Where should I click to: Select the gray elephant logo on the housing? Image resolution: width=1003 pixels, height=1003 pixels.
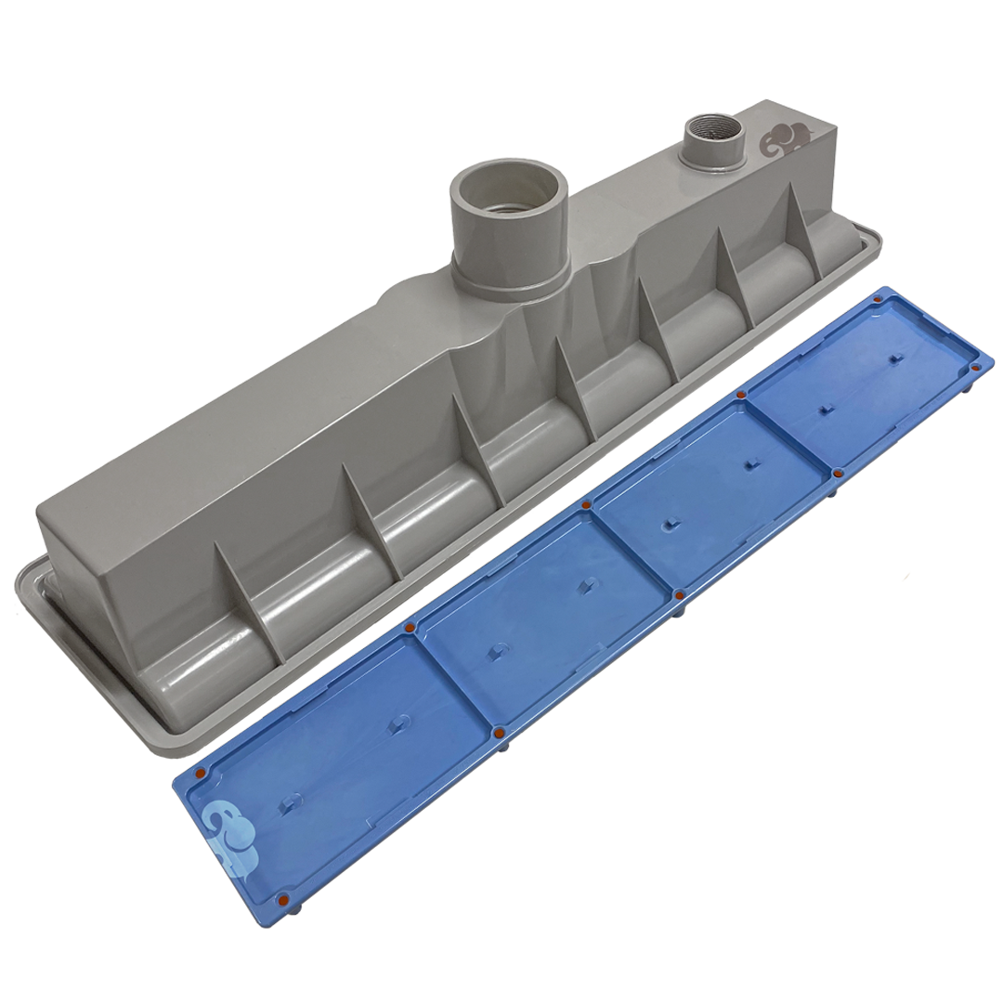coord(786,140)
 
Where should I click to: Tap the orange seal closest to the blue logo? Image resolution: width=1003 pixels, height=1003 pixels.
coord(201,771)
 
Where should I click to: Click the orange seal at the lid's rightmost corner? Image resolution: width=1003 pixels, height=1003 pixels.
coord(975,369)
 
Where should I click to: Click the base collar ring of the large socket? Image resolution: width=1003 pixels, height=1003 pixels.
coord(511,283)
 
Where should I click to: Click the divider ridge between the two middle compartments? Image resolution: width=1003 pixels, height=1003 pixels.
coord(632,548)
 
